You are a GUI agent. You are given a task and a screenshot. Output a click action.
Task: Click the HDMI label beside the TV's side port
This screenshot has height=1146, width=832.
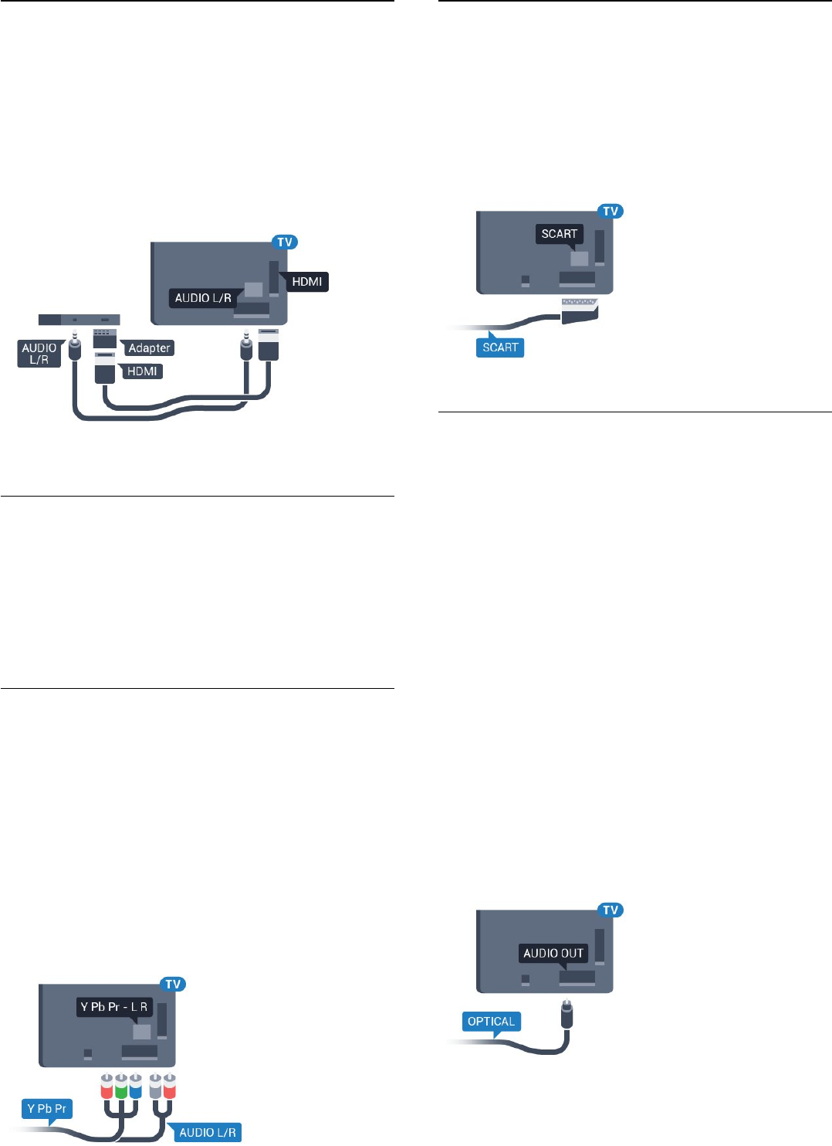[306, 282]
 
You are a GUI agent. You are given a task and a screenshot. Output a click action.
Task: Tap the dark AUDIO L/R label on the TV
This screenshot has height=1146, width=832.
[203, 298]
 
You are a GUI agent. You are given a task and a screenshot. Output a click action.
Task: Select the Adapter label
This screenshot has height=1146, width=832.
[149, 348]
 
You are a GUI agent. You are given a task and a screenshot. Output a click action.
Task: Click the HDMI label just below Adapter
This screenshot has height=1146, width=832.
[142, 371]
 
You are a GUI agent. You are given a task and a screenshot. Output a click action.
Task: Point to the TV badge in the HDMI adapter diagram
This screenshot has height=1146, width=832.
[285, 242]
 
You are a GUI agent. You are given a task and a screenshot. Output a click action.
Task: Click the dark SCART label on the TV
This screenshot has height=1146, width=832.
[560, 234]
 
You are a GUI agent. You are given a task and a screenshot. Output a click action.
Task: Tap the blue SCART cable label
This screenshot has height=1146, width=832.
[500, 348]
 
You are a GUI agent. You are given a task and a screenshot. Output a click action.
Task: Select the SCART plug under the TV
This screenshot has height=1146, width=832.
[579, 307]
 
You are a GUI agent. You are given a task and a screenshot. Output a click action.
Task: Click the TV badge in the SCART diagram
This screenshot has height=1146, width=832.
[610, 212]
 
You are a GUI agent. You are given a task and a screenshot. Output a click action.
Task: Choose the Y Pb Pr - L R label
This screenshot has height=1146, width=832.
[114, 1007]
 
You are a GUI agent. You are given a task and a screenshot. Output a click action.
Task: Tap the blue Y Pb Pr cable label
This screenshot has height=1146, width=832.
[46, 1109]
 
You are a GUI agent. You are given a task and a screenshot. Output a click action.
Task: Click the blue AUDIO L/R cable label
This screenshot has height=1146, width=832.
[208, 1132]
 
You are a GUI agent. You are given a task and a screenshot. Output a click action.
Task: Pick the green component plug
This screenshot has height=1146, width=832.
[121, 1085]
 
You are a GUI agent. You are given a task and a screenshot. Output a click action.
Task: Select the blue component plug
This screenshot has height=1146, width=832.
[135, 1085]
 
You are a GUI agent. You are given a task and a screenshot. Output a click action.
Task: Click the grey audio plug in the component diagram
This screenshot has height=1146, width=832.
[155, 1085]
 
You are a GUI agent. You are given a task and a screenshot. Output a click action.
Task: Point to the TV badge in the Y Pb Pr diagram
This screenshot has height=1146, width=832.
[173, 985]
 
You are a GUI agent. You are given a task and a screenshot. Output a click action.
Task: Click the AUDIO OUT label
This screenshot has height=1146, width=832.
[553, 954]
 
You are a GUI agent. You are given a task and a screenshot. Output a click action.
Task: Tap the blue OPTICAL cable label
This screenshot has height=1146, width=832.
[491, 1022]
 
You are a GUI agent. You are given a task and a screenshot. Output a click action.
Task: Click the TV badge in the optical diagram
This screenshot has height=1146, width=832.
[610, 910]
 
